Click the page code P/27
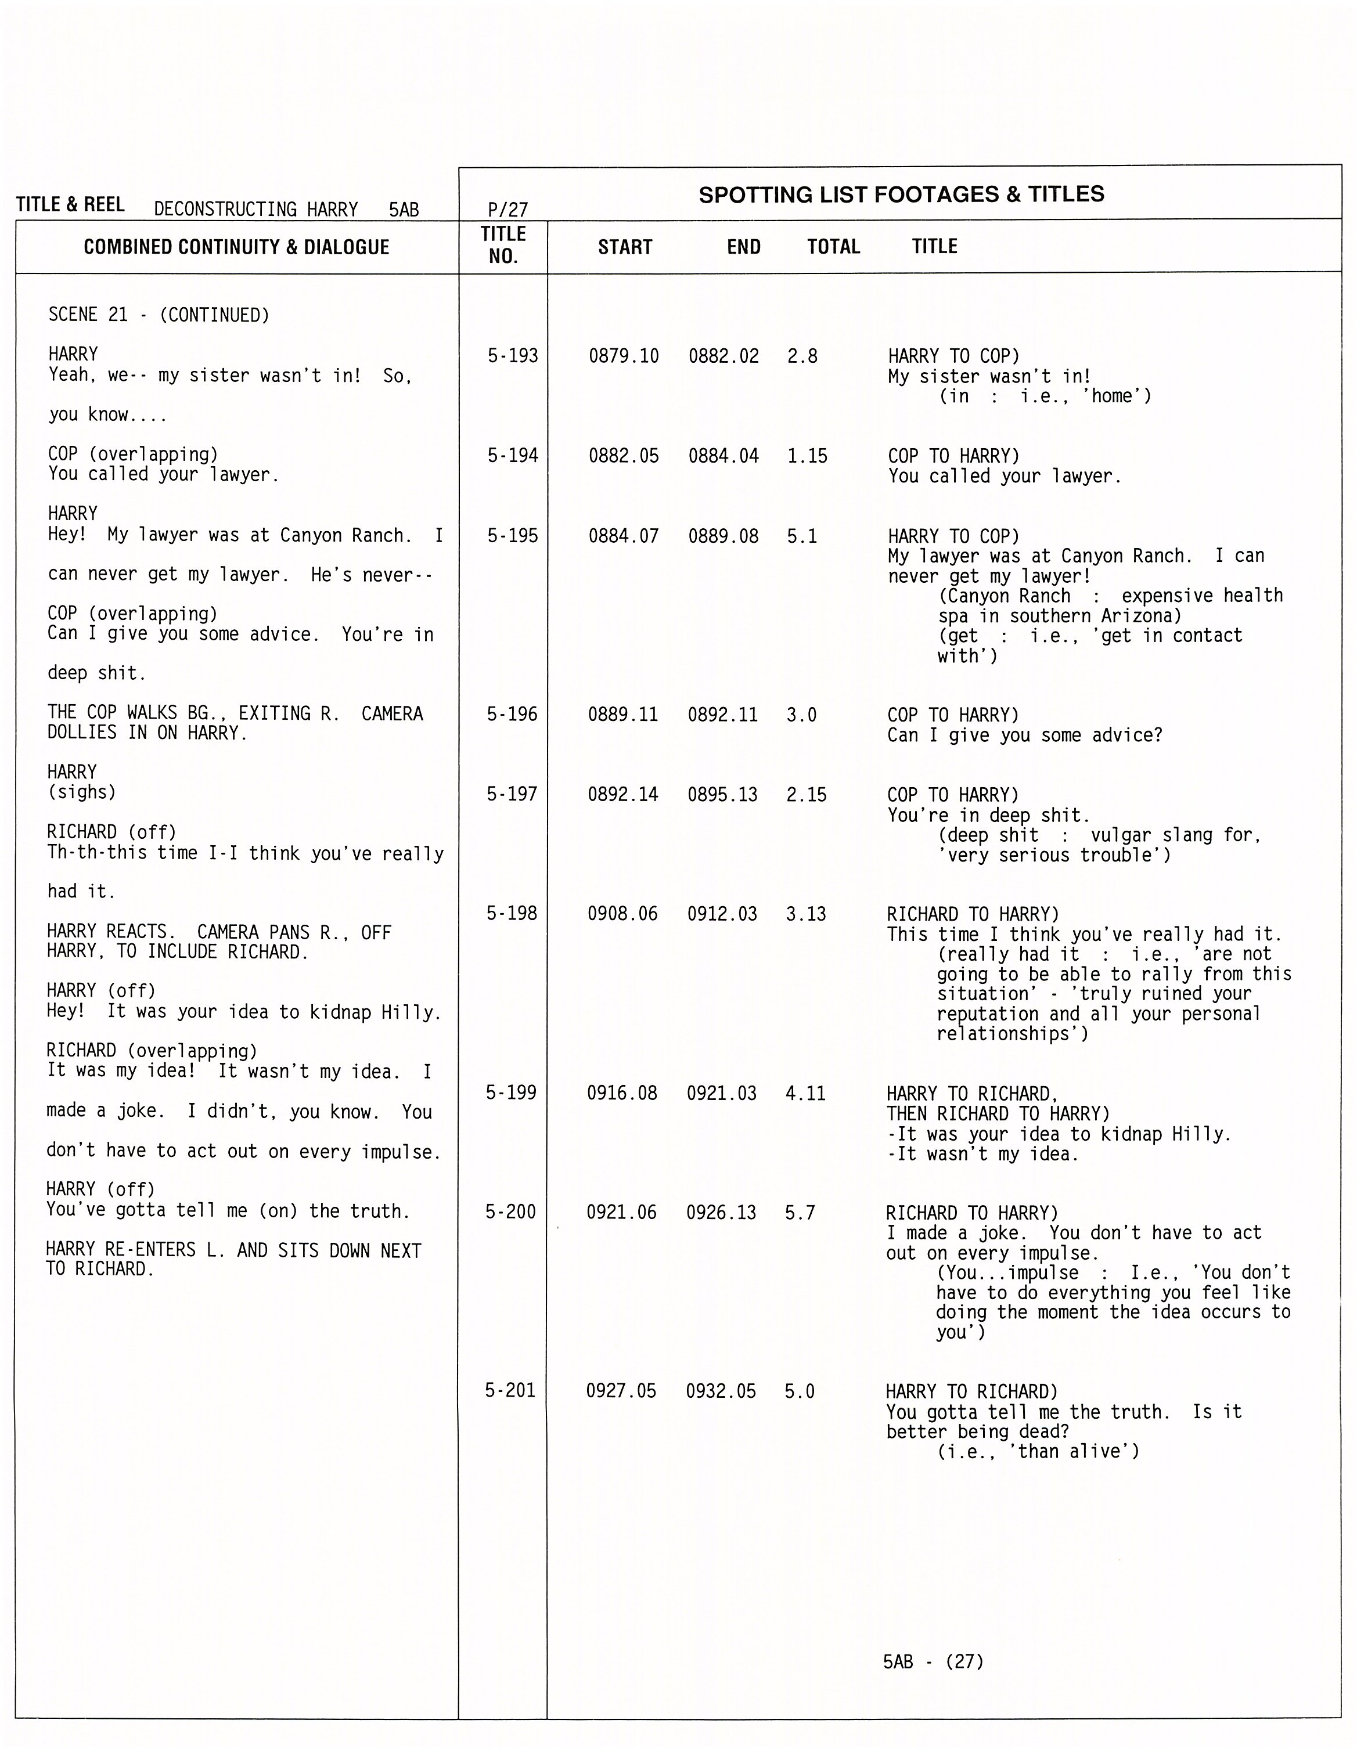click(x=507, y=210)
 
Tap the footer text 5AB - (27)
click(x=933, y=1661)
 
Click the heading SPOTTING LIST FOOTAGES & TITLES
click(x=901, y=194)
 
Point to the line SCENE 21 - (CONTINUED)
click(x=159, y=315)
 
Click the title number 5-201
click(x=510, y=1390)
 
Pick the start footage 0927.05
click(x=621, y=1390)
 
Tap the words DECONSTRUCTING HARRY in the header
click(x=256, y=210)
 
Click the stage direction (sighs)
click(x=81, y=792)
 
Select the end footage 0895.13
click(x=722, y=794)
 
